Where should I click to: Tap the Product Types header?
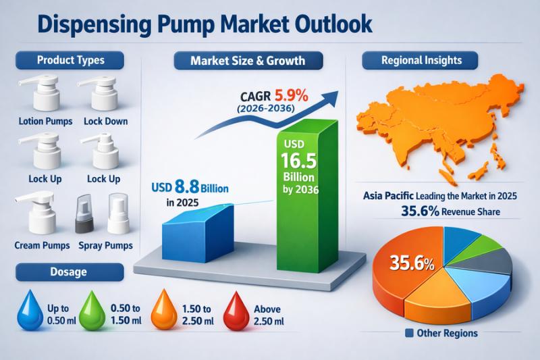(x=71, y=60)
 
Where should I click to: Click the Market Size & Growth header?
(x=248, y=61)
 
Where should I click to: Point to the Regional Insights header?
(x=422, y=60)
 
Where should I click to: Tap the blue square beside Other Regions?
(x=409, y=333)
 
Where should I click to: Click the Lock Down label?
(x=106, y=122)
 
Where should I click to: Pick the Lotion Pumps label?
(x=39, y=122)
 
